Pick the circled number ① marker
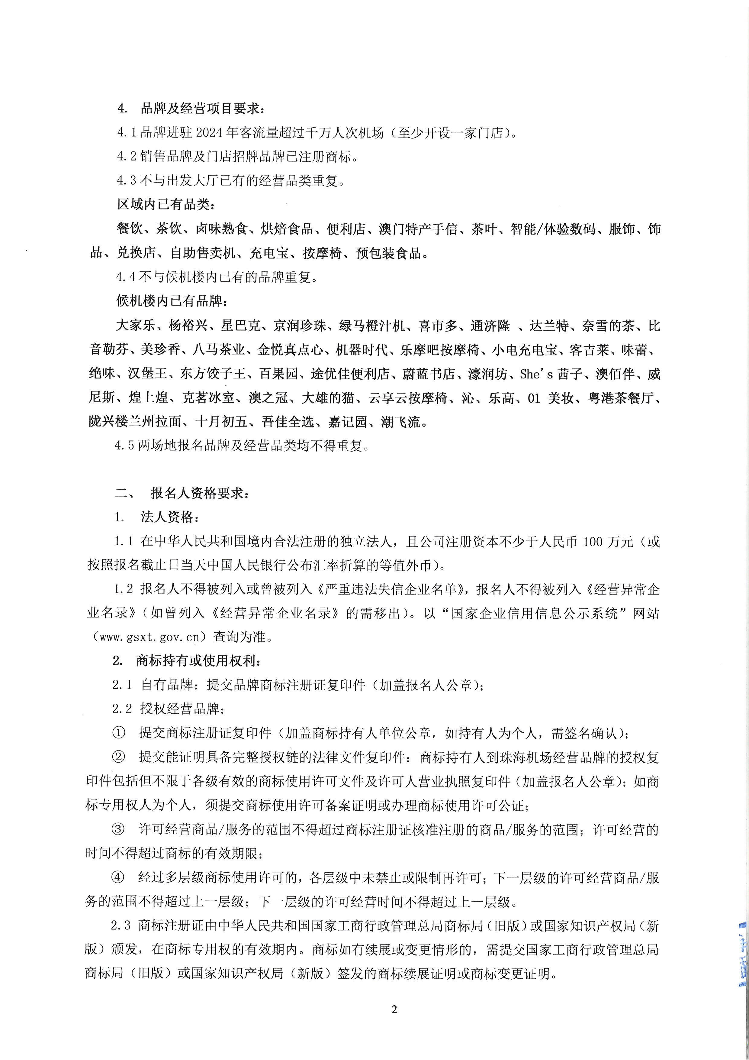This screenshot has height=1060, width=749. point(119,733)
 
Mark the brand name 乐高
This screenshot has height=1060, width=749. point(502,398)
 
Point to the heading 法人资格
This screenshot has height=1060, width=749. point(169,517)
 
